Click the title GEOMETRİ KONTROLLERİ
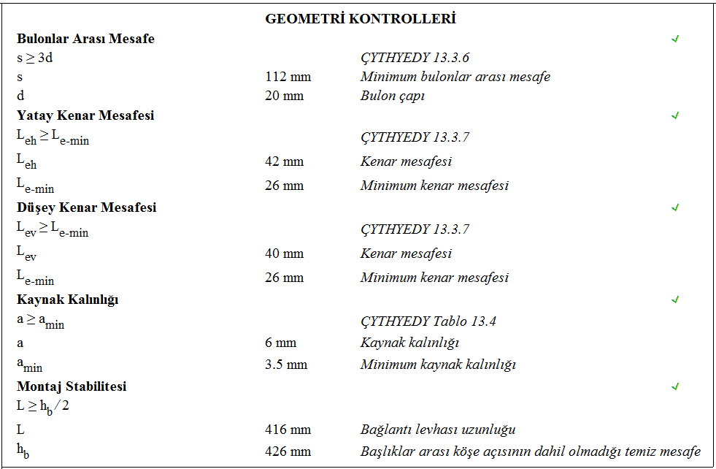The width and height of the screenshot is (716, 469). click(x=361, y=19)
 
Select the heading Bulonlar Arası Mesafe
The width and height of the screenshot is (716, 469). click(x=85, y=39)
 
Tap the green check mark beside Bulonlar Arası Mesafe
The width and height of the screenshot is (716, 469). click(x=675, y=39)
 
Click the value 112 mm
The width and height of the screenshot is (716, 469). click(x=288, y=77)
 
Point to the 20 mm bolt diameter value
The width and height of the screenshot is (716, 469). click(x=284, y=96)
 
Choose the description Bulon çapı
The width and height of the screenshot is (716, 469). click(x=393, y=96)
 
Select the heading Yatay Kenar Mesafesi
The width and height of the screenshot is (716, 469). click(x=85, y=115)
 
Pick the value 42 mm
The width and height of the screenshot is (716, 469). click(x=284, y=161)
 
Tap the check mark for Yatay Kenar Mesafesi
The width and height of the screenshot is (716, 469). click(x=675, y=115)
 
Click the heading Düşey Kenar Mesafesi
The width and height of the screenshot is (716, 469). click(x=86, y=207)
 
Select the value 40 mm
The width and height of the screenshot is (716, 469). click(x=284, y=253)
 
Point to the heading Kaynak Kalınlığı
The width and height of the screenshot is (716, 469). click(x=67, y=300)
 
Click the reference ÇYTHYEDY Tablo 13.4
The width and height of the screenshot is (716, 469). click(x=428, y=321)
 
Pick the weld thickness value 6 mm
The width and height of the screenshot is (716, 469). click(x=280, y=343)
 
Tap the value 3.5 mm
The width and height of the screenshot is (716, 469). click(x=286, y=365)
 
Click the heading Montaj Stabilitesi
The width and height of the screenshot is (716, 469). click(x=72, y=386)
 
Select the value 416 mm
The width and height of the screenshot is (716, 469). click(x=288, y=430)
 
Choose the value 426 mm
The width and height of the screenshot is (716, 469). click(x=288, y=451)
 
